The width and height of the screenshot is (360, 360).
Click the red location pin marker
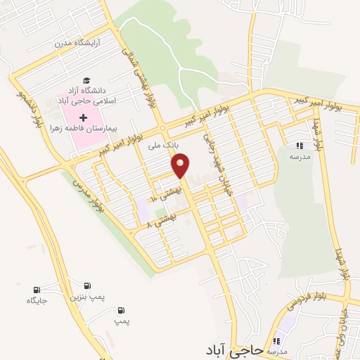pyautogui.click(x=181, y=167)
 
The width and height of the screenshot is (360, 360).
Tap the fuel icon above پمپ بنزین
pyautogui.click(x=87, y=286)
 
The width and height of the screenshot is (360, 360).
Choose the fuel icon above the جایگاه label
pyautogui.click(x=37, y=290)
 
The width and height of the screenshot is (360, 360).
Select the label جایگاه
pyautogui.click(x=37, y=301)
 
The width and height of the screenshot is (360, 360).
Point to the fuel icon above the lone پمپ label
pyautogui.click(x=122, y=310)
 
